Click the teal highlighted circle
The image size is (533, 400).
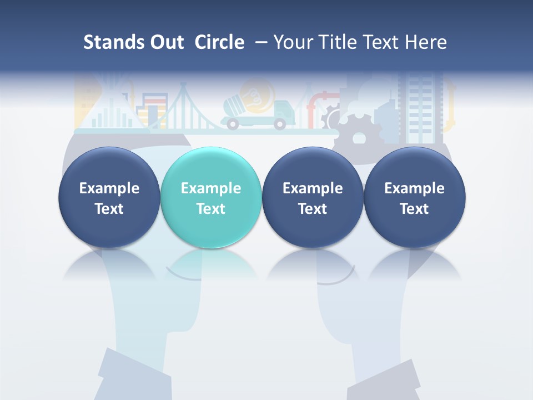(x=210, y=198)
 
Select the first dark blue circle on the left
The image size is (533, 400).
(x=109, y=198)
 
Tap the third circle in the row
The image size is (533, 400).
(x=313, y=198)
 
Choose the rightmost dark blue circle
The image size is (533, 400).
(x=414, y=198)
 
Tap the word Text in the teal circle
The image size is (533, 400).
(x=210, y=209)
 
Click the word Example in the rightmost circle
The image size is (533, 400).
(x=414, y=188)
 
